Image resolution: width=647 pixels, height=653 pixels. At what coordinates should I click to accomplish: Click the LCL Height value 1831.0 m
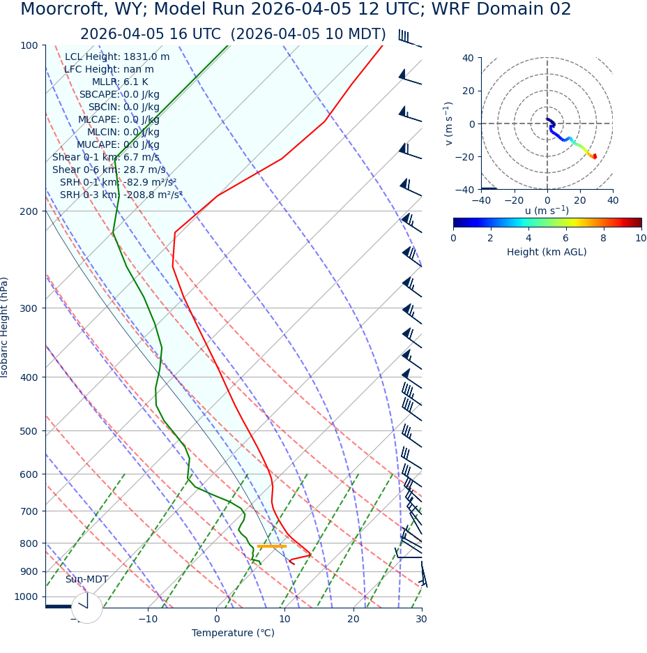pos(146,57)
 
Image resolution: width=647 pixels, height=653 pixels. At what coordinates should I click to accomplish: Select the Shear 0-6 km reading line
pos(109,170)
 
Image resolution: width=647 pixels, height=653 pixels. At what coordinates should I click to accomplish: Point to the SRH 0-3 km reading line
pos(121,195)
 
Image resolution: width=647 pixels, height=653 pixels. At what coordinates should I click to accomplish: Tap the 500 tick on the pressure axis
pos(29,431)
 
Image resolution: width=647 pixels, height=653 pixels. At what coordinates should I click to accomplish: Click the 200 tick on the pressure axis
pos(29,211)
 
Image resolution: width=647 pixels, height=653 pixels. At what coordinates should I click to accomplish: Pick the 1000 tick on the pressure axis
pos(26,596)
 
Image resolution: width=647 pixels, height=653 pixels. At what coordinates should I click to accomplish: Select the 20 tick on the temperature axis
pos(353,619)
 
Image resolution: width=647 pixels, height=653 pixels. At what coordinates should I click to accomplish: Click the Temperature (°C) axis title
pos(233,633)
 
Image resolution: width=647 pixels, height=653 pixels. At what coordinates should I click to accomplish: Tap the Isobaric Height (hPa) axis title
pos(6,327)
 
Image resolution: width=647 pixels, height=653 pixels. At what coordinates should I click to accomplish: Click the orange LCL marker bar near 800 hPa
pos(272,546)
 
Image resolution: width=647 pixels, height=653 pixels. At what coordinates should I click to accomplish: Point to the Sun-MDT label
pos(86,580)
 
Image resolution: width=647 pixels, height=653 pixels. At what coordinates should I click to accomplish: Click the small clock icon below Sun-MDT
pos(86,608)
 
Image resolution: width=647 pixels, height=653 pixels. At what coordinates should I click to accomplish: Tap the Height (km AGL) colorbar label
pos(547,252)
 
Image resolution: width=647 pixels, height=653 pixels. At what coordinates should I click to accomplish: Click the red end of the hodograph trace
pos(595,156)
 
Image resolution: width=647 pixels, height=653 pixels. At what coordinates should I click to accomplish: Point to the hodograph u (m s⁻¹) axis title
pos(547,211)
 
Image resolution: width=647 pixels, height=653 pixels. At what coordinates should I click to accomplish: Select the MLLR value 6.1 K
pos(135,82)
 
